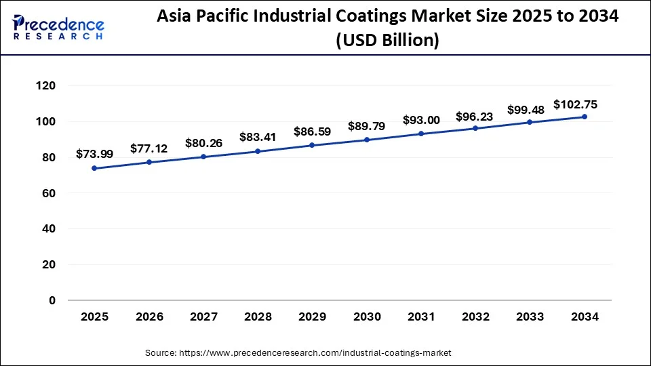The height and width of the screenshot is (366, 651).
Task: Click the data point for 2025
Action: click(94, 168)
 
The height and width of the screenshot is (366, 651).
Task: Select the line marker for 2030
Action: click(367, 140)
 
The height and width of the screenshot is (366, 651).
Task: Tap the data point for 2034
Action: click(585, 117)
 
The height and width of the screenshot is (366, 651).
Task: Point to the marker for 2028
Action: click(258, 151)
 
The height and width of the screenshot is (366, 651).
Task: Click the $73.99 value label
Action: click(94, 154)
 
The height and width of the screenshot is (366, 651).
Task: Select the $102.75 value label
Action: click(575, 104)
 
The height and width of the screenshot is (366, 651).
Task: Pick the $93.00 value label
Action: click(421, 120)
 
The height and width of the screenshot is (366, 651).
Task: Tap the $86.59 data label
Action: click(313, 131)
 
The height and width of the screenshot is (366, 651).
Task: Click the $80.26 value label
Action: click(203, 143)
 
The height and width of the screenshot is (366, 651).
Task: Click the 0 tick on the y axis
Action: click(52, 300)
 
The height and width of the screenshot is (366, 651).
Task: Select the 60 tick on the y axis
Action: click(48, 193)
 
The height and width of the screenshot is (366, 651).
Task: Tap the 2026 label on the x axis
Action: click(149, 317)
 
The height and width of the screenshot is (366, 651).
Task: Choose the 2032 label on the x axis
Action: click(476, 317)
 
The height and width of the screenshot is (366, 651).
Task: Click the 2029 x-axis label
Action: click(313, 317)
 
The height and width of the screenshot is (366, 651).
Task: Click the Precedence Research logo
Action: click(58, 28)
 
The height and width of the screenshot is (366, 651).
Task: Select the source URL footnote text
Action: click(298, 353)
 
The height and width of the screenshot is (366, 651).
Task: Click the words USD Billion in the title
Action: click(388, 41)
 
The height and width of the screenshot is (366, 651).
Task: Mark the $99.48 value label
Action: click(530, 110)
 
